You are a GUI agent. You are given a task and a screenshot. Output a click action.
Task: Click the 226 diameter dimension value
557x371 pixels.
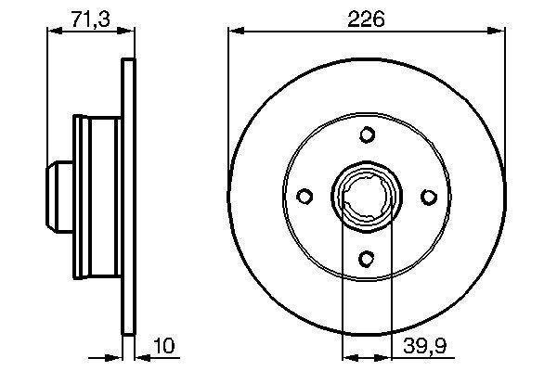pyautogui.click(x=367, y=18)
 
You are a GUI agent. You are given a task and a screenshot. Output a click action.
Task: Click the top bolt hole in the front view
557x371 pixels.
pyautogui.click(x=367, y=135)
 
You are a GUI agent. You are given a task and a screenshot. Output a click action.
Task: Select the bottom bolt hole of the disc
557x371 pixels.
pyautogui.click(x=367, y=259)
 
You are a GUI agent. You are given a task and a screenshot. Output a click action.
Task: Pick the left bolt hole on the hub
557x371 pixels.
pyautogui.click(x=304, y=197)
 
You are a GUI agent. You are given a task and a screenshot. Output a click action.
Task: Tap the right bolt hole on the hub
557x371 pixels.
pyautogui.click(x=428, y=197)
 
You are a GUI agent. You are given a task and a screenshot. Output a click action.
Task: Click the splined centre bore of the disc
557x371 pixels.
pyautogui.click(x=367, y=197)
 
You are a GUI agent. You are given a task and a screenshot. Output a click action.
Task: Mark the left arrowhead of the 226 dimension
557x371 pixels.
pyautogui.click(x=234, y=32)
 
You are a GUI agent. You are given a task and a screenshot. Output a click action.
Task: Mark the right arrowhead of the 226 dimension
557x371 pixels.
pyautogui.click(x=499, y=32)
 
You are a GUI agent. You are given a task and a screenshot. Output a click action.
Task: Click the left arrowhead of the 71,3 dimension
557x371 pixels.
pyautogui.click(x=53, y=32)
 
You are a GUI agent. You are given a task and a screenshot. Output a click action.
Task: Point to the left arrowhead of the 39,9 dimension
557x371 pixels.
pyautogui.click(x=349, y=354)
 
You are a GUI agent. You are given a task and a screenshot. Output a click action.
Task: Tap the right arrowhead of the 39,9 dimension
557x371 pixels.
pyautogui.click(x=384, y=354)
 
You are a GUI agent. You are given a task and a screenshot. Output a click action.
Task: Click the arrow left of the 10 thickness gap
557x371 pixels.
pyautogui.click(x=116, y=354)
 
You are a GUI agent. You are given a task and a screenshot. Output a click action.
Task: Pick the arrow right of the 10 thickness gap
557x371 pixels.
pyautogui.click(x=142, y=354)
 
